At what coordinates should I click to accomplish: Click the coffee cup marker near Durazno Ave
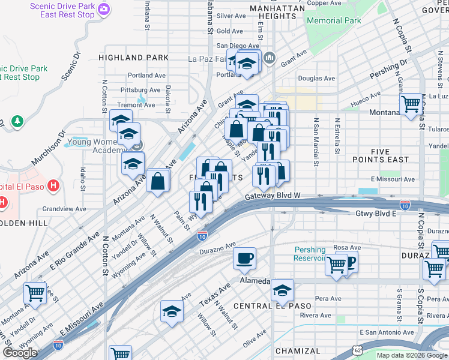click(244, 259)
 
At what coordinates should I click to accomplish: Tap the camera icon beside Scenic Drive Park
click(104, 8)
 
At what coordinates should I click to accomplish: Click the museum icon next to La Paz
click(270, 58)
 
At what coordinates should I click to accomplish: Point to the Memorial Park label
click(334, 20)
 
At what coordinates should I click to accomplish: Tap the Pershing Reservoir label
click(310, 254)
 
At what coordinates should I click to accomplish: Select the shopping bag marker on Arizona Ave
click(157, 181)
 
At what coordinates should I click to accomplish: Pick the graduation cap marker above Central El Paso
click(282, 290)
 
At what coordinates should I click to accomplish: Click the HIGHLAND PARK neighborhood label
click(134, 58)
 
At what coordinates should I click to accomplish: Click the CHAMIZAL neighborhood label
click(298, 351)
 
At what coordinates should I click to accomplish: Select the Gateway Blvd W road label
click(272, 197)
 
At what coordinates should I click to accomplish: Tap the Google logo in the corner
click(20, 352)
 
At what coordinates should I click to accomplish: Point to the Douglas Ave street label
click(316, 79)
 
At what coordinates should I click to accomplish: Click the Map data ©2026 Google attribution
click(411, 355)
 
